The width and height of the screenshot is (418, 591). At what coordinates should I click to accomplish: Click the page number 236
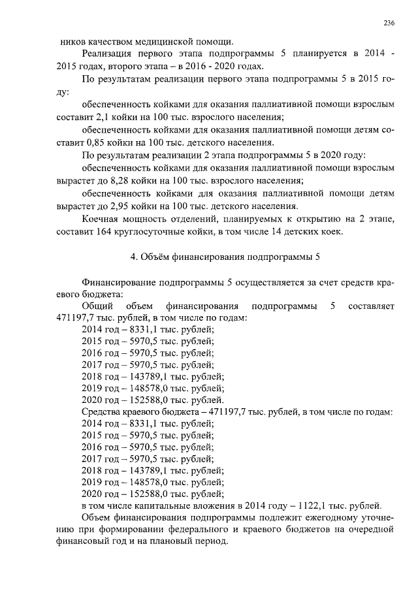[388, 22]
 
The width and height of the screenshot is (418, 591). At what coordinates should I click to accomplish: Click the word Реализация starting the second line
[106, 54]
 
